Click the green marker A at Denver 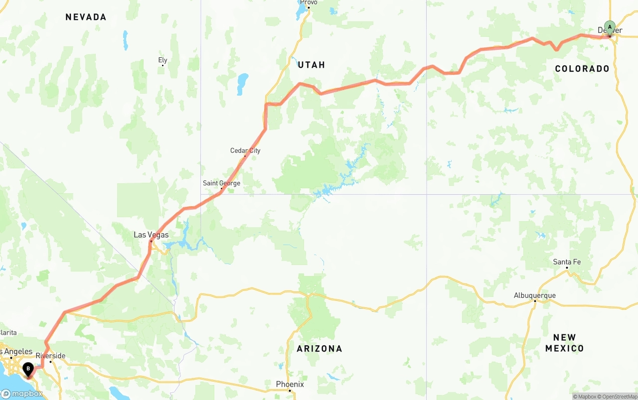[x=609, y=27]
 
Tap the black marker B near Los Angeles [x=28, y=370]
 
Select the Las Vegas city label [x=151, y=235]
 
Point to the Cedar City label [x=245, y=150]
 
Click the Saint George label [x=221, y=183]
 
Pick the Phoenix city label [x=290, y=384]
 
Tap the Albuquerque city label [x=535, y=295]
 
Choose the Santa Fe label [x=567, y=262]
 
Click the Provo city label [x=309, y=2]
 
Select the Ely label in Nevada [x=162, y=60]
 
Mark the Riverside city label [x=50, y=356]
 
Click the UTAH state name [x=312, y=65]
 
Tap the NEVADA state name [x=86, y=17]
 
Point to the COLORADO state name [x=582, y=69]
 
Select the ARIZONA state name [x=319, y=349]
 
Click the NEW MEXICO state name [x=564, y=343]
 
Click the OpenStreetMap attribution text [x=619, y=397]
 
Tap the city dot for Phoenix [x=290, y=391]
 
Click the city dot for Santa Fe [x=567, y=268]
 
